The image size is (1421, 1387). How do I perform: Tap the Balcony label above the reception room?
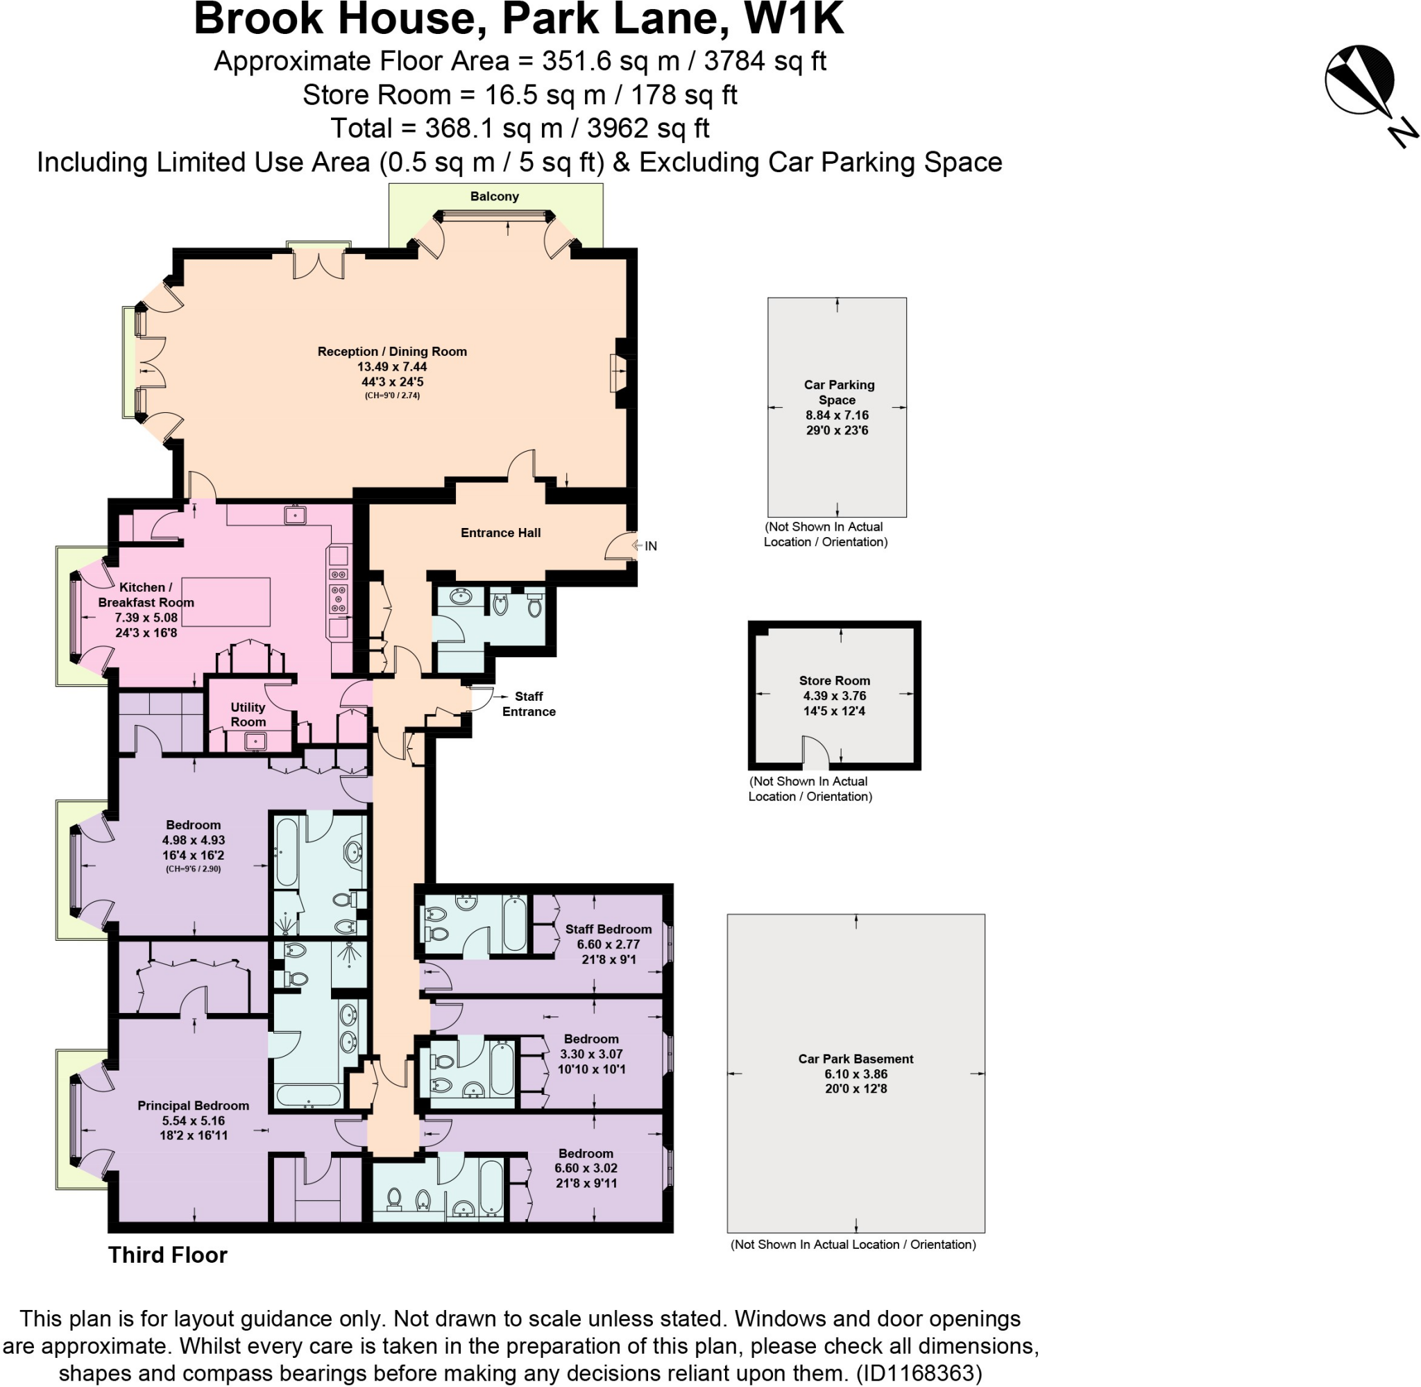coord(495,196)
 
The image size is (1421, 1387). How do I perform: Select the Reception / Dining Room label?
coord(392,351)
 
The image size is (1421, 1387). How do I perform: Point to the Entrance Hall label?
coord(500,532)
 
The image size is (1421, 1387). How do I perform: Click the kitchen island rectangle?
coord(226,602)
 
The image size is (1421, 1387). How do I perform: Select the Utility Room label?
coord(248,714)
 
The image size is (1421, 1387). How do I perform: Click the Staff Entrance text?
coord(529,704)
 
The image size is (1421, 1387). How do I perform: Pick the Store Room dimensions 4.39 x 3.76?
coord(834,696)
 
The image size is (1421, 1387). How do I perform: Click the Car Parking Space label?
coord(837,392)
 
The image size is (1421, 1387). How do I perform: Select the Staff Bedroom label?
coord(609,929)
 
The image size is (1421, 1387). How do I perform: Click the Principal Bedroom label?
coord(193,1105)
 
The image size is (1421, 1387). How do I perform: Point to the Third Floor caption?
coord(167,1254)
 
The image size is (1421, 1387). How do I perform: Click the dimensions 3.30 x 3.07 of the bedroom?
coord(591,1053)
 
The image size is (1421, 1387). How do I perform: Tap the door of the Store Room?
coord(816,754)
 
